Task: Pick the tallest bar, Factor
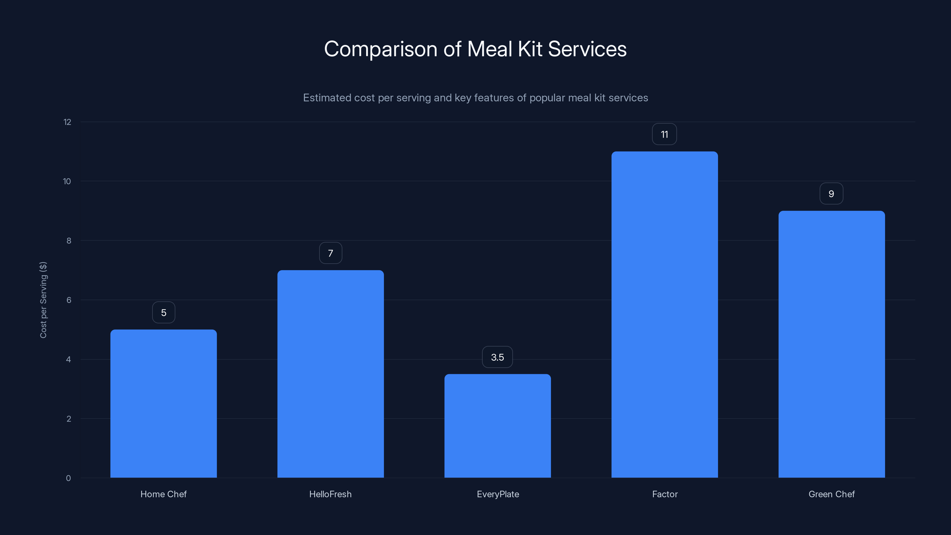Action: point(665,314)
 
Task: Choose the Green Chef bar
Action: point(832,344)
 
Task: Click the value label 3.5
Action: point(497,357)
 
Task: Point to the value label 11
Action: point(664,134)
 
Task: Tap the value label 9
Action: point(831,194)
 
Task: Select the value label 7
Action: point(330,253)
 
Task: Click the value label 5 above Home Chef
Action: point(163,313)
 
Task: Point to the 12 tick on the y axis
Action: point(67,122)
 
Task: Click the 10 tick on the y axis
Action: point(67,181)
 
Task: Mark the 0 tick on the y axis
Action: point(68,478)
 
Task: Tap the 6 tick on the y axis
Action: point(69,300)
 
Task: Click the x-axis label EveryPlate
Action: point(498,494)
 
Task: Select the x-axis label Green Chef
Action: point(832,494)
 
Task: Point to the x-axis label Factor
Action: point(665,494)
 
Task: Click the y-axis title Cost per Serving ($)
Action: point(43,300)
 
